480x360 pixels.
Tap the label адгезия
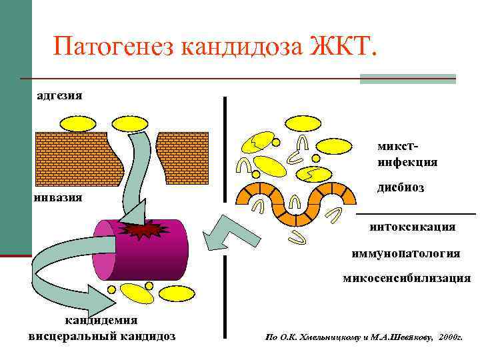pyautogui.click(x=59, y=95)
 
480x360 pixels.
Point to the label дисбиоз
pyautogui.click(x=400, y=187)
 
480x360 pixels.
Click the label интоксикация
pyautogui.click(x=413, y=227)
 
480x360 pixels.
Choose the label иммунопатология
pyautogui.click(x=405, y=254)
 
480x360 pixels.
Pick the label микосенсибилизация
pyautogui.click(x=407, y=278)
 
